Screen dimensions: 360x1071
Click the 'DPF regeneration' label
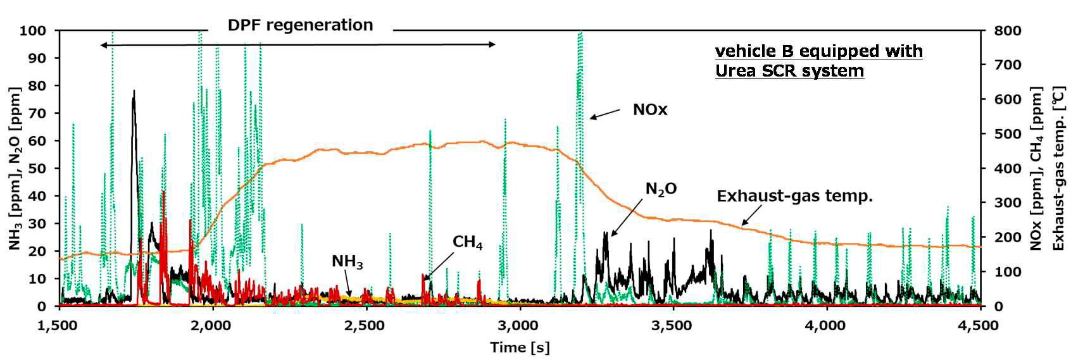point(300,25)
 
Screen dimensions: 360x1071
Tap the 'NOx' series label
point(650,110)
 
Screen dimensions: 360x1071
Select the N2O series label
point(661,189)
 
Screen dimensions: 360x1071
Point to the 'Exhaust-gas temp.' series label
point(794,196)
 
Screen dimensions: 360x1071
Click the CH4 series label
point(468,242)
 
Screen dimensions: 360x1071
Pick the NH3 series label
point(348,261)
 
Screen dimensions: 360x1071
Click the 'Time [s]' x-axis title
point(520,347)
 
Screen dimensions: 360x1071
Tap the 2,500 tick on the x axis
point(366,325)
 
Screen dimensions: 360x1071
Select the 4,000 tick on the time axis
point(827,325)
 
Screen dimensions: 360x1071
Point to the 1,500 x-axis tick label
point(59,325)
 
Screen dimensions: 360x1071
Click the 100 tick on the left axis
point(32,30)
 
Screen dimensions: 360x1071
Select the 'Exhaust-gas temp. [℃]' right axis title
point(1058,168)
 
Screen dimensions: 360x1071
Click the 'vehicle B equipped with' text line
point(818,51)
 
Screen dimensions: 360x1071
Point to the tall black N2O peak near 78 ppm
point(134,92)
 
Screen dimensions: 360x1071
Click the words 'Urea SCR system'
point(789,70)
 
